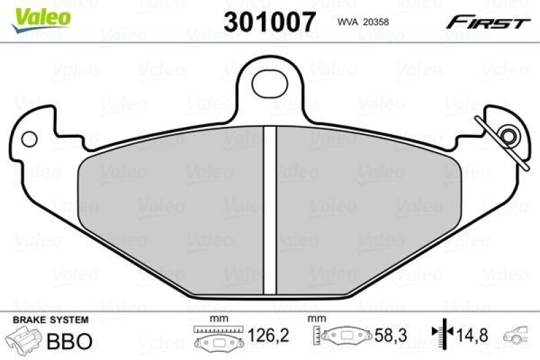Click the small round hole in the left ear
[28, 139]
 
